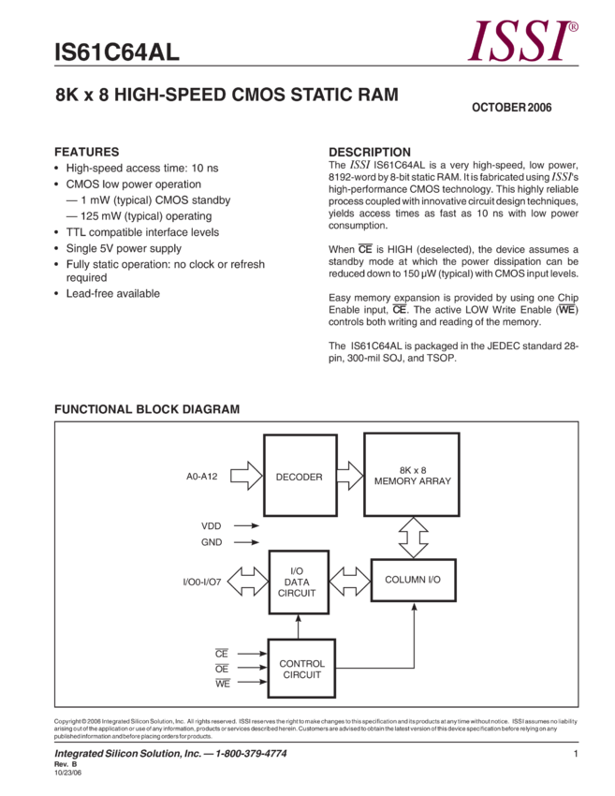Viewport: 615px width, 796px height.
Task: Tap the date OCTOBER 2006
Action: coord(511,108)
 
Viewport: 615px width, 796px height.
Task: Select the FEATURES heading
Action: coord(86,152)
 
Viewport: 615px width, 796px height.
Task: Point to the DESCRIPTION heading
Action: coord(369,152)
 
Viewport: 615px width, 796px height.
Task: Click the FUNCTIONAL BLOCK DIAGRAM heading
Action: coord(147,409)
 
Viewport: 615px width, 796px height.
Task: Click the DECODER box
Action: coord(300,476)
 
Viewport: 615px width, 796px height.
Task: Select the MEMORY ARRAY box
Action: coord(413,476)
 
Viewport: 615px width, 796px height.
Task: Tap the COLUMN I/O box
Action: coord(412,581)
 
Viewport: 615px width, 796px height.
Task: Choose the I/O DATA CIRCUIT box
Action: coord(297,582)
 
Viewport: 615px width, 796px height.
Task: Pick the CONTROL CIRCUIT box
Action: coord(300,667)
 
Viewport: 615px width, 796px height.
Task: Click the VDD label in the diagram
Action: coord(211,525)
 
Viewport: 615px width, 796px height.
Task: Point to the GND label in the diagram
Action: coord(211,541)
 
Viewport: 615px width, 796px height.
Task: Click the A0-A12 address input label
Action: coord(201,477)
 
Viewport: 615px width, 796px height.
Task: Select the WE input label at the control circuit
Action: coord(222,684)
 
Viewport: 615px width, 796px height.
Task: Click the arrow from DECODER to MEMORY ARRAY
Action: coord(349,476)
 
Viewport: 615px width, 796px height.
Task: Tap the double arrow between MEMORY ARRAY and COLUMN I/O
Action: coord(413,537)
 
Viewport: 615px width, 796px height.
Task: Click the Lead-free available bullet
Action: coord(112,293)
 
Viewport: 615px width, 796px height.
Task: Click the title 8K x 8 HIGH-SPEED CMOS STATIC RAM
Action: coord(227,95)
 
